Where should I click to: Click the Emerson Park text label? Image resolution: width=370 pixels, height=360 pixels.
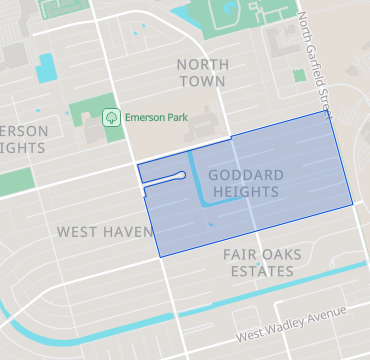pos(155,117)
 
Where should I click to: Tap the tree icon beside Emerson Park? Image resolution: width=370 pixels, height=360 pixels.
pos(111,117)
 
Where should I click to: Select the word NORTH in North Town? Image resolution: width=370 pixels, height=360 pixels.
pos(202,64)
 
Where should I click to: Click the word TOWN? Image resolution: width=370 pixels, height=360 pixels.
pos(202,80)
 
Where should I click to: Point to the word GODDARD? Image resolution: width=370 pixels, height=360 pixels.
pos(246,175)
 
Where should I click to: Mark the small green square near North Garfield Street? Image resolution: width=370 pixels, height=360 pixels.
pos(299,75)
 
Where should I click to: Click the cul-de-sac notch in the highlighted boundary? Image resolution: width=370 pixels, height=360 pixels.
pos(180,177)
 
